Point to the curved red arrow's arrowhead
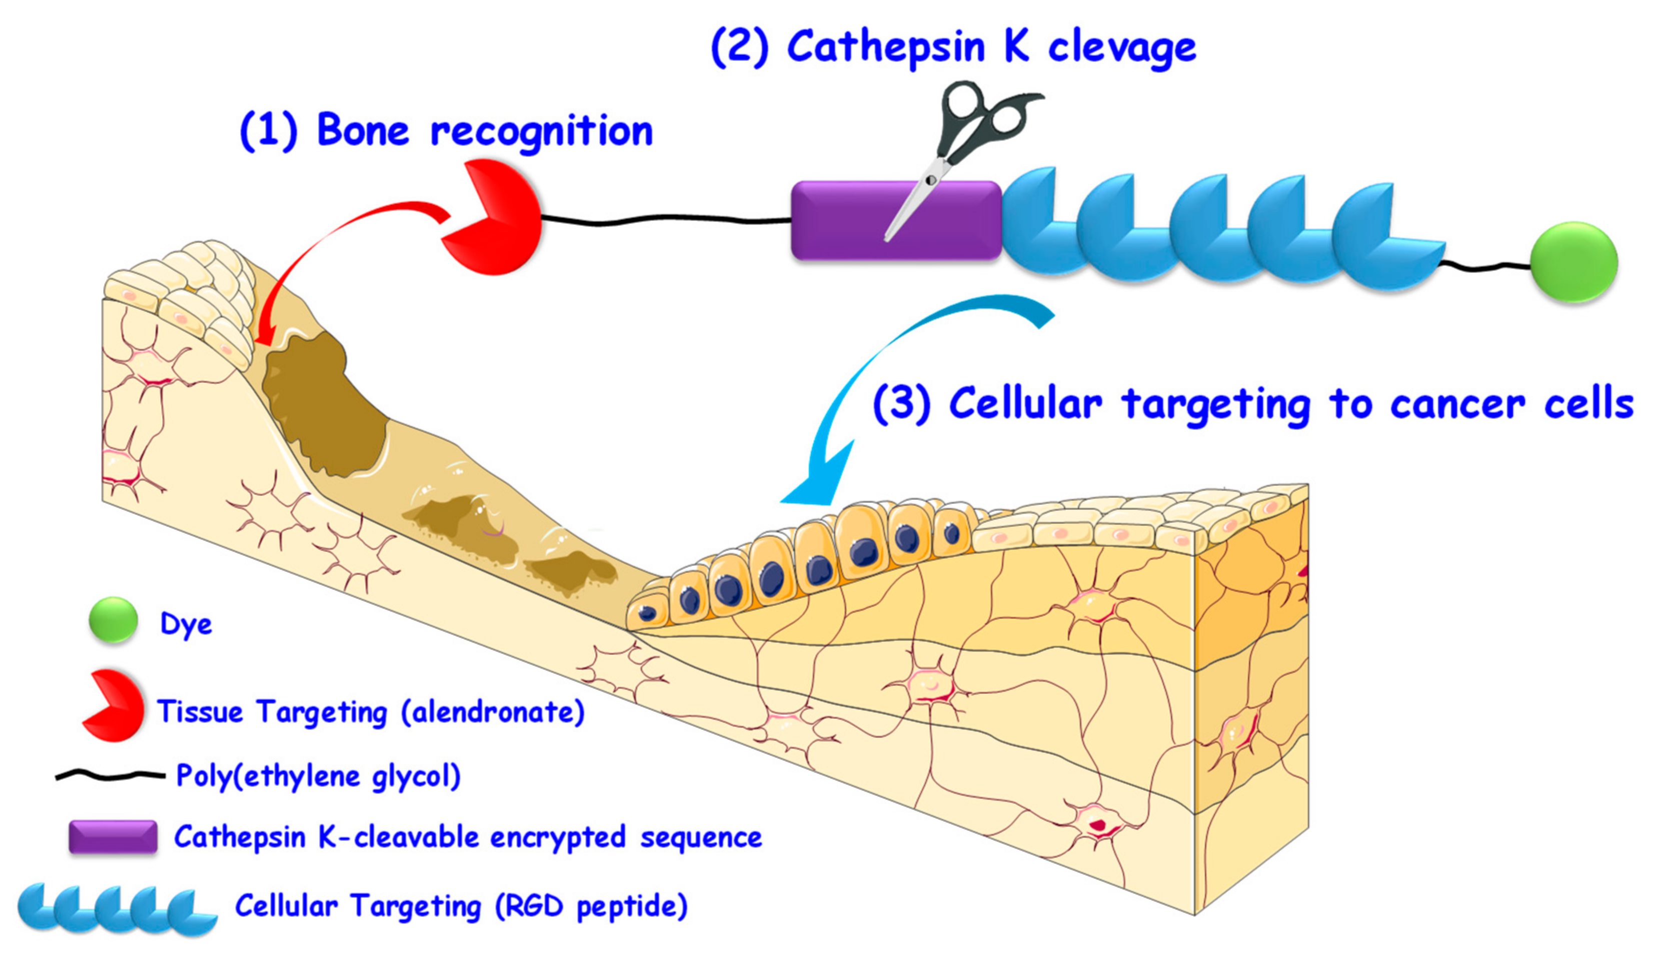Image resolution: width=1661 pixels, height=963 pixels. tap(264, 333)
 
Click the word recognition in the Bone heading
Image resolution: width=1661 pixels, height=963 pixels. tap(541, 131)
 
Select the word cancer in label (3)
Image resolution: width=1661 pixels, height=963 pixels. tap(1456, 403)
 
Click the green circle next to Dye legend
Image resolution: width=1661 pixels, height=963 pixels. tap(114, 619)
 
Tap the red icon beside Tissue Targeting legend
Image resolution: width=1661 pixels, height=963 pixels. tap(116, 705)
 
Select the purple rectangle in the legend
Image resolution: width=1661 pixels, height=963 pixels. tap(114, 837)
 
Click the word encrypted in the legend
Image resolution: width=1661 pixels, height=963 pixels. tap(558, 837)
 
